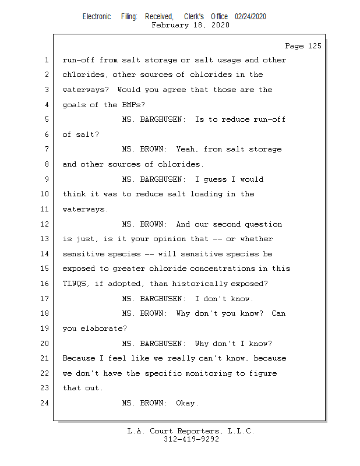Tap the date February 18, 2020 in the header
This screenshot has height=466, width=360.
[190, 25]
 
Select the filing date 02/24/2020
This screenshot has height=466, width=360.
[250, 17]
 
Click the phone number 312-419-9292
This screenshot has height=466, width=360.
[191, 439]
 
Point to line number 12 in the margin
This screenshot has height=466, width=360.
[45, 224]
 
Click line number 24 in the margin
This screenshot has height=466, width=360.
[45, 403]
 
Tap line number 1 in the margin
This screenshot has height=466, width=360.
[47, 60]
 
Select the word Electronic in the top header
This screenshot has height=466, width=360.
[97, 17]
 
